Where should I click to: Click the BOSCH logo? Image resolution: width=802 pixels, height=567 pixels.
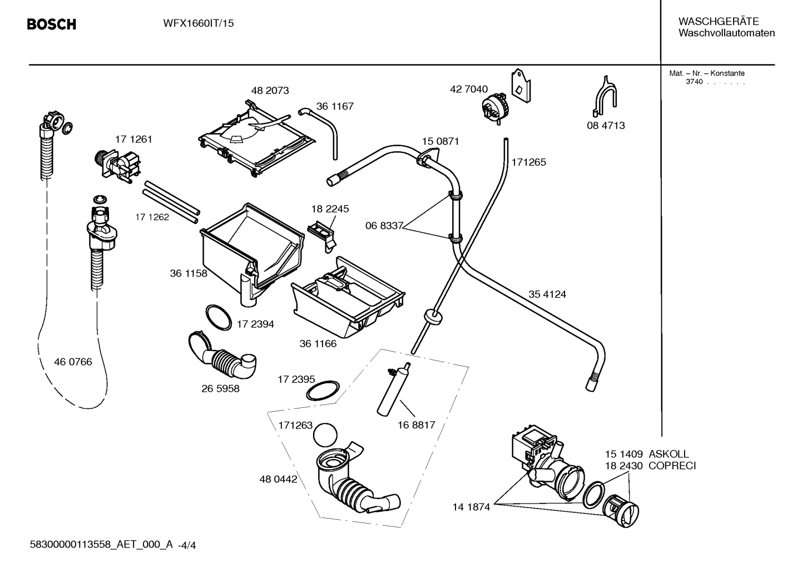point(52,24)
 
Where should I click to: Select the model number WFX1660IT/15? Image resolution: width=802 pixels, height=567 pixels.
point(199,23)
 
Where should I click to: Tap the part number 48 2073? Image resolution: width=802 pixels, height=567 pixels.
point(270,90)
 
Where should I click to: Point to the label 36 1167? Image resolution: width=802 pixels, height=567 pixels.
point(335,106)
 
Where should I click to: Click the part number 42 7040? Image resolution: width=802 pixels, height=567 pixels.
point(469,89)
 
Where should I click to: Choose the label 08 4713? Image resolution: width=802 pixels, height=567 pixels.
point(606,125)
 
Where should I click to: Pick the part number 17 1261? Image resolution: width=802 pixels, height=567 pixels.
point(133,139)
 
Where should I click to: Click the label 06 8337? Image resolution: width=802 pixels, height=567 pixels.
point(384,226)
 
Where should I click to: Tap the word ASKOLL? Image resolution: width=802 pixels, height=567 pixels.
point(669,454)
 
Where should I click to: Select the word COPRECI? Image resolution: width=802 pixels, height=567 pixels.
point(672,466)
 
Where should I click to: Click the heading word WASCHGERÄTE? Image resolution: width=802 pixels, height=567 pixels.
point(719,21)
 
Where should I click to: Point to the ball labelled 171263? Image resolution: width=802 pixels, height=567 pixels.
point(325,435)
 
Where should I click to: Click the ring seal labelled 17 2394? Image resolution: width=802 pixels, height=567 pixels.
point(219,318)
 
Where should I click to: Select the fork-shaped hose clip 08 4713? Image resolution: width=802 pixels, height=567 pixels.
point(605,96)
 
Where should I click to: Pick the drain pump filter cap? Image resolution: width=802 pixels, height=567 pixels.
point(621,511)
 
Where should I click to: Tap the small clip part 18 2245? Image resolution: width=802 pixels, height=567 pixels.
point(322,236)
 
